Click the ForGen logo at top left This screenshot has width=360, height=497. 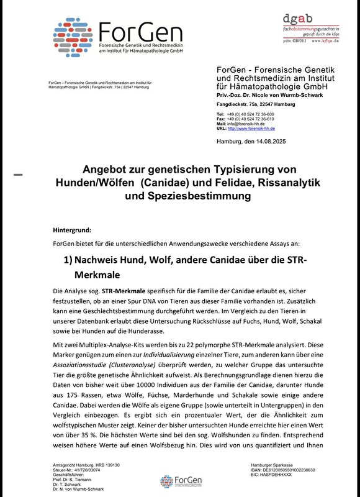(x=117, y=38)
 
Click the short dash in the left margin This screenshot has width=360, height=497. (x=18, y=175)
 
